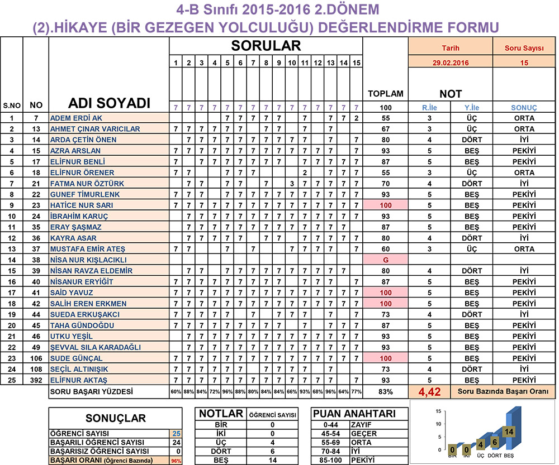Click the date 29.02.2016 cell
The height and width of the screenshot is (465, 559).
(429, 63)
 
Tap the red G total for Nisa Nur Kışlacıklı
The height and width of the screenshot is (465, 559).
(385, 260)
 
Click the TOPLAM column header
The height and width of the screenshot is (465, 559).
(385, 94)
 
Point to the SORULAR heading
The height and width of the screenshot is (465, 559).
(266, 46)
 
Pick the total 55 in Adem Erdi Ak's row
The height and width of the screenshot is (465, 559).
(385, 118)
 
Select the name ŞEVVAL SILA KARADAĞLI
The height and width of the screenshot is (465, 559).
(95, 347)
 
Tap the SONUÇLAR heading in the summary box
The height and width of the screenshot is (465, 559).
(115, 418)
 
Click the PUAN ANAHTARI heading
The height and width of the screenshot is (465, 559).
(354, 414)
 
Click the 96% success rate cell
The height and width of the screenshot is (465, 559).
(176, 461)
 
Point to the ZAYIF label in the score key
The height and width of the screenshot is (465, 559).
(362, 424)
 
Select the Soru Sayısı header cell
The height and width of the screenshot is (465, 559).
(524, 49)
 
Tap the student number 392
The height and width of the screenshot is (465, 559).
(36, 380)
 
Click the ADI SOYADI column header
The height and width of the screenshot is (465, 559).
(109, 103)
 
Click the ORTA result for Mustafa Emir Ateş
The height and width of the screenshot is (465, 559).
(524, 249)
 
